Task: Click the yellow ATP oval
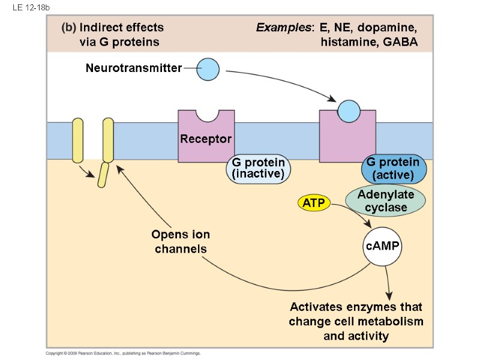(314, 203)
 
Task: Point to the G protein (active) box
(394, 169)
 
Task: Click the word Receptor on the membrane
(206, 139)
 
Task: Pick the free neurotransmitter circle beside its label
(208, 69)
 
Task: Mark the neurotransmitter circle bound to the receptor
(349, 110)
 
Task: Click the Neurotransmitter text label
(133, 68)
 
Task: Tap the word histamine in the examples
(347, 42)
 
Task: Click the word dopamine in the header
(389, 28)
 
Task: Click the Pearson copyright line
(123, 353)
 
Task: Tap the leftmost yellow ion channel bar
(77, 140)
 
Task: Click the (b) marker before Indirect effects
(68, 28)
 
